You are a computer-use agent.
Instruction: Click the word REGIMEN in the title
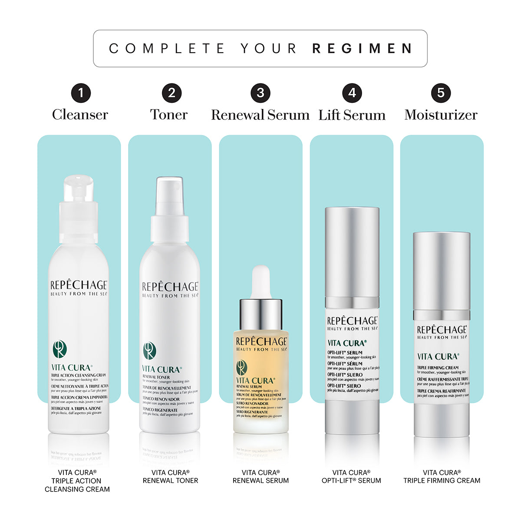click(x=363, y=48)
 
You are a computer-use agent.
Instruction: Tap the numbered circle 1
click(x=81, y=93)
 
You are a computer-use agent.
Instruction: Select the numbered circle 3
click(x=260, y=93)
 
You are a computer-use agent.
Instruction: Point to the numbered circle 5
click(x=441, y=93)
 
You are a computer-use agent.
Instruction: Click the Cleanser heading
click(x=80, y=115)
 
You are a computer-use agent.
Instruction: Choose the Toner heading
click(x=169, y=115)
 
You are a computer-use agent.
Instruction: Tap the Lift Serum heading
click(x=352, y=115)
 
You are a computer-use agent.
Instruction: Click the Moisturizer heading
click(x=441, y=115)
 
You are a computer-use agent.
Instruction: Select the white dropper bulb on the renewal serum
click(x=261, y=281)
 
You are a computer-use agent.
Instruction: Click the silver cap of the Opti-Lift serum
click(x=352, y=252)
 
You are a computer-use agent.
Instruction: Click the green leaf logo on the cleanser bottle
click(x=59, y=349)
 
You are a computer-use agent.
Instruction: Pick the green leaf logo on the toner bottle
click(x=149, y=351)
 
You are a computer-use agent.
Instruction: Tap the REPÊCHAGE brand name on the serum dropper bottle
click(x=261, y=342)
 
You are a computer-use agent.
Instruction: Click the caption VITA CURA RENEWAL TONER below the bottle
click(x=170, y=476)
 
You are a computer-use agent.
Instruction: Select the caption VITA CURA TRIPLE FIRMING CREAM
click(x=442, y=476)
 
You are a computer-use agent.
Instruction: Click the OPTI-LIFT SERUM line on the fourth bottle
click(x=345, y=353)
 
